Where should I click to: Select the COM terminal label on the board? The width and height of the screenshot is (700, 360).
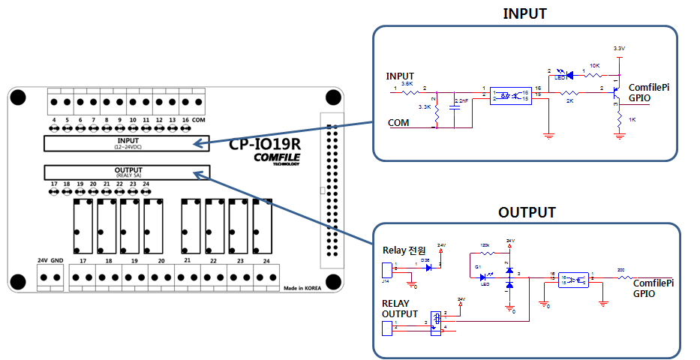pos(199,119)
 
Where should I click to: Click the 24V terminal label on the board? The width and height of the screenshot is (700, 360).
pos(43,260)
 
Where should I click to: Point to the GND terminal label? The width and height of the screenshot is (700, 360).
pos(57,260)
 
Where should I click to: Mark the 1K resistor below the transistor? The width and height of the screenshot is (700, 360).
pos(618,120)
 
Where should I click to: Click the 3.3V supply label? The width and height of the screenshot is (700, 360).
pos(618,49)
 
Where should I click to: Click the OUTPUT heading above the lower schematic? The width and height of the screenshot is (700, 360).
pos(527,212)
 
